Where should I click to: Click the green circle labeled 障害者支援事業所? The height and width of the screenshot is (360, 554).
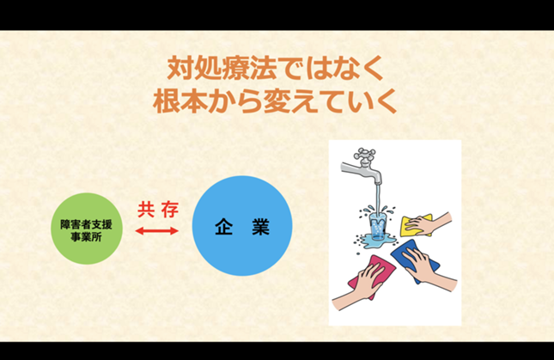[87, 229]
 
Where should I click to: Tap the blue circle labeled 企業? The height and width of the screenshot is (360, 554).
[242, 226]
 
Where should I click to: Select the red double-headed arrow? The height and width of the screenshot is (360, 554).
[157, 231]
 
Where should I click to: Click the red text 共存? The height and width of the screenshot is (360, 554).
[158, 211]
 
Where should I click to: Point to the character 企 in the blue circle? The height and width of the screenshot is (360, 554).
[223, 227]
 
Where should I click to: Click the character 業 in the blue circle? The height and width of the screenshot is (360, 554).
[261, 227]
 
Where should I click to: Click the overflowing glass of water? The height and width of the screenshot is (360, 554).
[378, 227]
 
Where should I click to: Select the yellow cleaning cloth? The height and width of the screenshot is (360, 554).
[416, 225]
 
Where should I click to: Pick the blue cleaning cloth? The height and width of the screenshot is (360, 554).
[415, 259]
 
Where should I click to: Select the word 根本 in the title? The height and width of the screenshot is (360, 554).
[180, 101]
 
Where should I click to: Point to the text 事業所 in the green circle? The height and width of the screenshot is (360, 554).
[87, 236]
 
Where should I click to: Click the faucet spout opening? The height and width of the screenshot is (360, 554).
[378, 183]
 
